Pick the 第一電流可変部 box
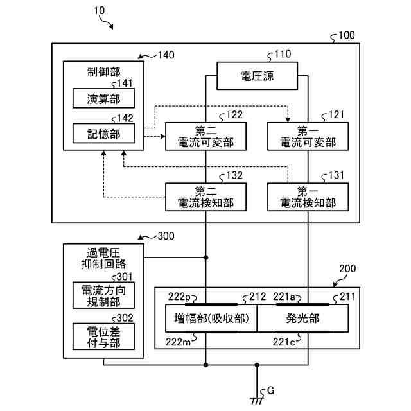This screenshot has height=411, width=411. pos(308,136)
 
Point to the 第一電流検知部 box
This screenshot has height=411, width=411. pos(308,197)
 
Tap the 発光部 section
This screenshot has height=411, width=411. pos(302,319)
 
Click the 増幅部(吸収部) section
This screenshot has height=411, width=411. pos(211,319)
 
